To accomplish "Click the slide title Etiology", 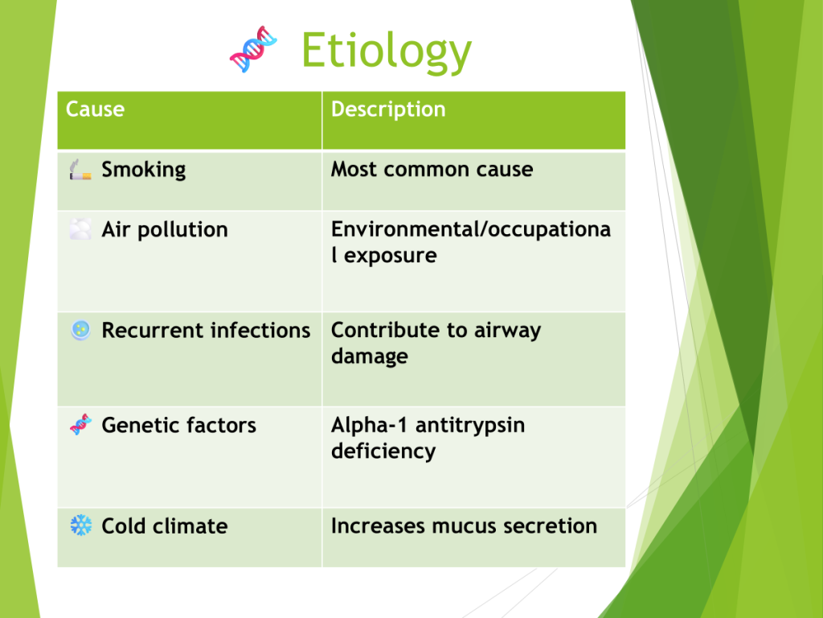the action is pyautogui.click(x=387, y=51).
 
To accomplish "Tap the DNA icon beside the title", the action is pyautogui.click(x=253, y=49).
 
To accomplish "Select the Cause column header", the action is pyautogui.click(x=95, y=109).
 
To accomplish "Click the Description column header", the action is pyautogui.click(x=388, y=109).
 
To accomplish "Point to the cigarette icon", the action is pyautogui.click(x=80, y=170).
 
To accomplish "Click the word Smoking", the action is pyautogui.click(x=143, y=170).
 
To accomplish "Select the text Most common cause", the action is pyautogui.click(x=432, y=169).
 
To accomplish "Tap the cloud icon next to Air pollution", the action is pyautogui.click(x=80, y=229).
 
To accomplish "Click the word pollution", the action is pyautogui.click(x=182, y=230).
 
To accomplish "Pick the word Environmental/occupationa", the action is pyautogui.click(x=471, y=229).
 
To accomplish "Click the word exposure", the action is pyautogui.click(x=390, y=256).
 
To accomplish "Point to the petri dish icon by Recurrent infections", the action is pyautogui.click(x=80, y=330).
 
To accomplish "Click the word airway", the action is pyautogui.click(x=507, y=331).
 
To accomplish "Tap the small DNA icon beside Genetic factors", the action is pyautogui.click(x=80, y=425).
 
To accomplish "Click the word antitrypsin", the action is pyautogui.click(x=469, y=426).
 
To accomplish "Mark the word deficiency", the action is pyautogui.click(x=383, y=451).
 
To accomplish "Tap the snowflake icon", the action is pyautogui.click(x=81, y=525).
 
